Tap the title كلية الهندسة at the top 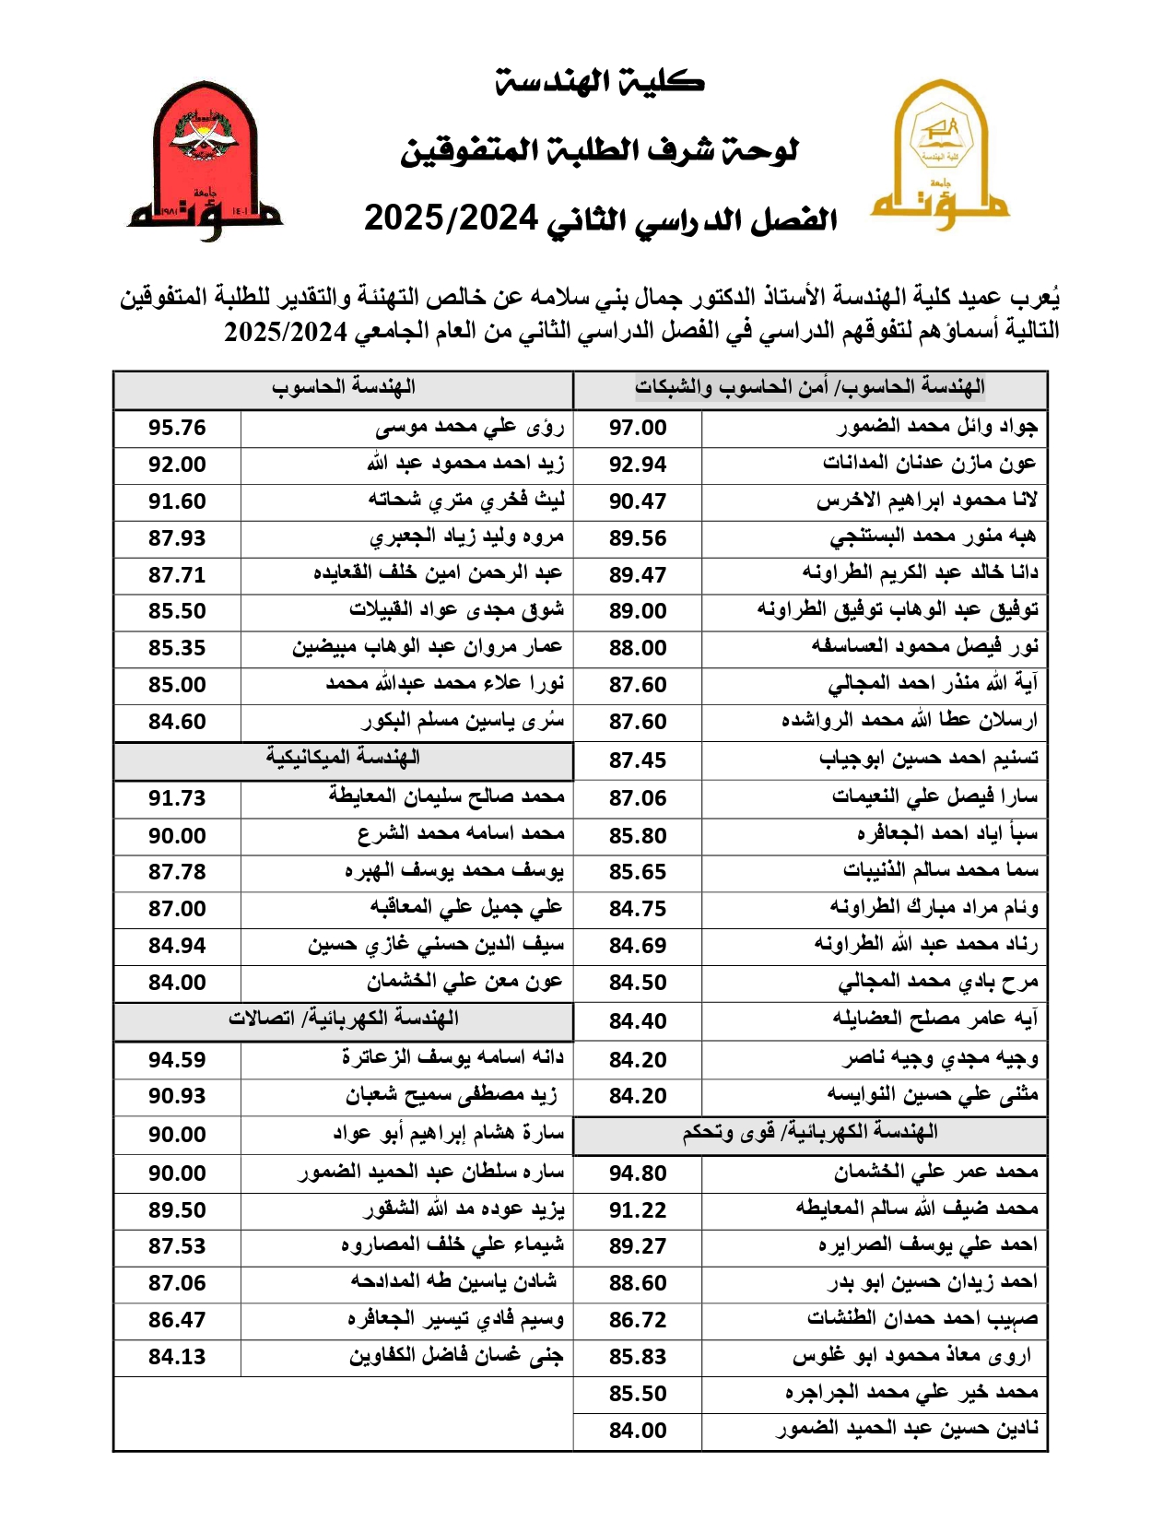click(x=600, y=82)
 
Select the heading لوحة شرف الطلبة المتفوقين click(x=600, y=150)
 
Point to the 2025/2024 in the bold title click(x=451, y=218)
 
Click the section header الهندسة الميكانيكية click(x=343, y=758)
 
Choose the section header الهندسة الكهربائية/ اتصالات click(x=343, y=1019)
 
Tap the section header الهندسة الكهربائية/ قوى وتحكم click(x=810, y=1133)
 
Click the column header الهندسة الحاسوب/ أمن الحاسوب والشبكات click(x=810, y=388)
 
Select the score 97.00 click(x=638, y=428)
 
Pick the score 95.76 click(x=177, y=428)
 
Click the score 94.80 click(x=638, y=1173)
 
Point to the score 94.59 click(x=177, y=1060)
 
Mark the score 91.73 click(x=177, y=798)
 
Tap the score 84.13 click(x=177, y=1357)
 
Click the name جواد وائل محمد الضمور click(x=937, y=427)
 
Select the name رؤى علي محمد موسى click(x=470, y=428)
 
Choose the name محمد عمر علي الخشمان click(x=936, y=1173)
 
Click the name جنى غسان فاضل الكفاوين click(x=456, y=1357)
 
